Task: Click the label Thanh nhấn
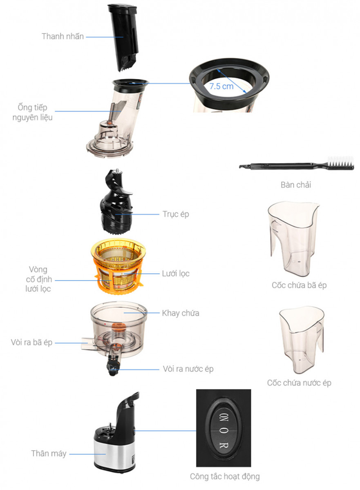click(x=63, y=36)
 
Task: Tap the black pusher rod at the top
click(x=124, y=37)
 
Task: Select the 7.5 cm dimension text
click(x=221, y=87)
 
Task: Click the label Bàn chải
click(x=296, y=185)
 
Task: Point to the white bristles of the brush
click(x=340, y=161)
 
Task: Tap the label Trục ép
click(x=176, y=214)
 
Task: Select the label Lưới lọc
click(x=176, y=274)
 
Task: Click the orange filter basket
click(x=119, y=266)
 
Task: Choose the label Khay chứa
click(x=181, y=313)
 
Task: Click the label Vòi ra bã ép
click(x=31, y=342)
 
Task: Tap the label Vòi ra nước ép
click(x=188, y=369)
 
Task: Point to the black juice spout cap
click(x=113, y=367)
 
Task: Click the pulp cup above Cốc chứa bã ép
click(x=293, y=238)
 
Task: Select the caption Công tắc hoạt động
click(x=225, y=476)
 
